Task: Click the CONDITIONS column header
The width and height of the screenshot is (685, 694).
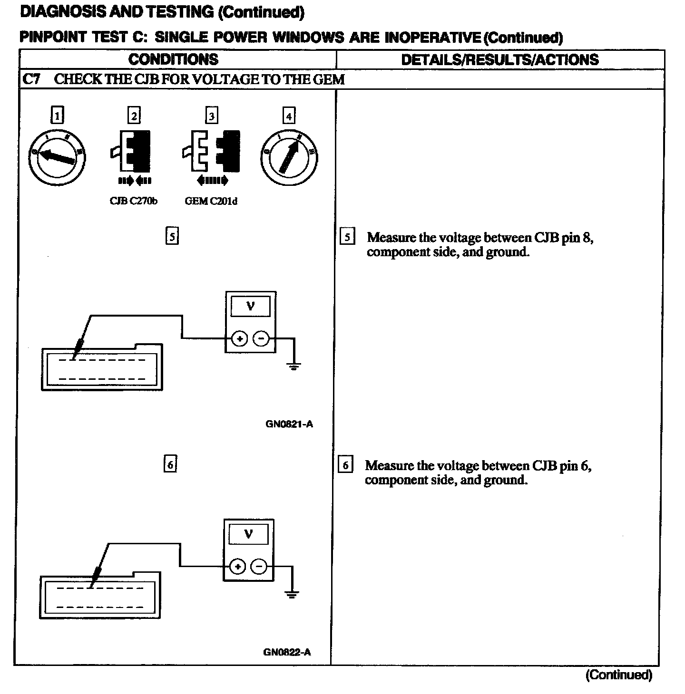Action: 173,59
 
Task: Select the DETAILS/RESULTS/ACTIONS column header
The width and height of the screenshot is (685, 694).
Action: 500,59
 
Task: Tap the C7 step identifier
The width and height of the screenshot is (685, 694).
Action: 31,79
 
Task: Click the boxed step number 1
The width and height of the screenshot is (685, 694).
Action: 57,116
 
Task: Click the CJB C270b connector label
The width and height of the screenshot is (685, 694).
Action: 133,201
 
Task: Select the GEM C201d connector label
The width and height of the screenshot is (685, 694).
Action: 211,201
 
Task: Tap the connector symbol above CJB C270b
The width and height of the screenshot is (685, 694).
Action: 131,151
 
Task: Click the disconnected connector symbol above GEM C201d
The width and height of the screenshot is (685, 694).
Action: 211,151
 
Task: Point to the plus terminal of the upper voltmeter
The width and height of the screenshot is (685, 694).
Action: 239,338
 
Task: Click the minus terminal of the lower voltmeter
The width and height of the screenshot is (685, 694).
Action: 259,566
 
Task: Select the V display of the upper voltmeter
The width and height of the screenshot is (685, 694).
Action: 250,307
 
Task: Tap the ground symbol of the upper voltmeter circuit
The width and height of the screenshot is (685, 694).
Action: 294,366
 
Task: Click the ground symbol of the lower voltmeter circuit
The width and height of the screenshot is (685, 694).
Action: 292,594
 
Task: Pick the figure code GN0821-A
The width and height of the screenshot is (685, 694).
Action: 289,424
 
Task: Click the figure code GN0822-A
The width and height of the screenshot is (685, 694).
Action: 287,652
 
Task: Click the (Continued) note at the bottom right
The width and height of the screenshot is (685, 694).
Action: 618,675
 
